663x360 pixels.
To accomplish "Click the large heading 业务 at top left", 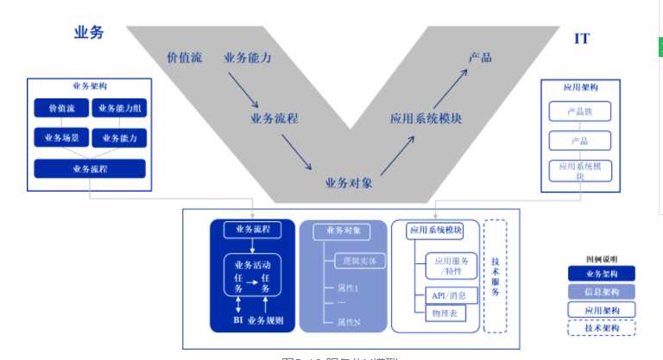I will tap(89, 33).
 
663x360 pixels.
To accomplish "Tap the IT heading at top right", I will tap(582, 39).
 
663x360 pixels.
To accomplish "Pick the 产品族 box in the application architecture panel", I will tap(579, 111).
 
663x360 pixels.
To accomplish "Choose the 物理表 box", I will tap(445, 313).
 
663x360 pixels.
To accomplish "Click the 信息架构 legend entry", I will tap(601, 292).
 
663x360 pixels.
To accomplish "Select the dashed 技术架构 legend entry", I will tap(601, 328).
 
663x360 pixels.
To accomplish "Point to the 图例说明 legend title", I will tap(601, 258).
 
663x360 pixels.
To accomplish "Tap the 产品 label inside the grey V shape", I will tap(480, 57).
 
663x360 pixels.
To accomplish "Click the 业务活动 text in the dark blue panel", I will tap(253, 264).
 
